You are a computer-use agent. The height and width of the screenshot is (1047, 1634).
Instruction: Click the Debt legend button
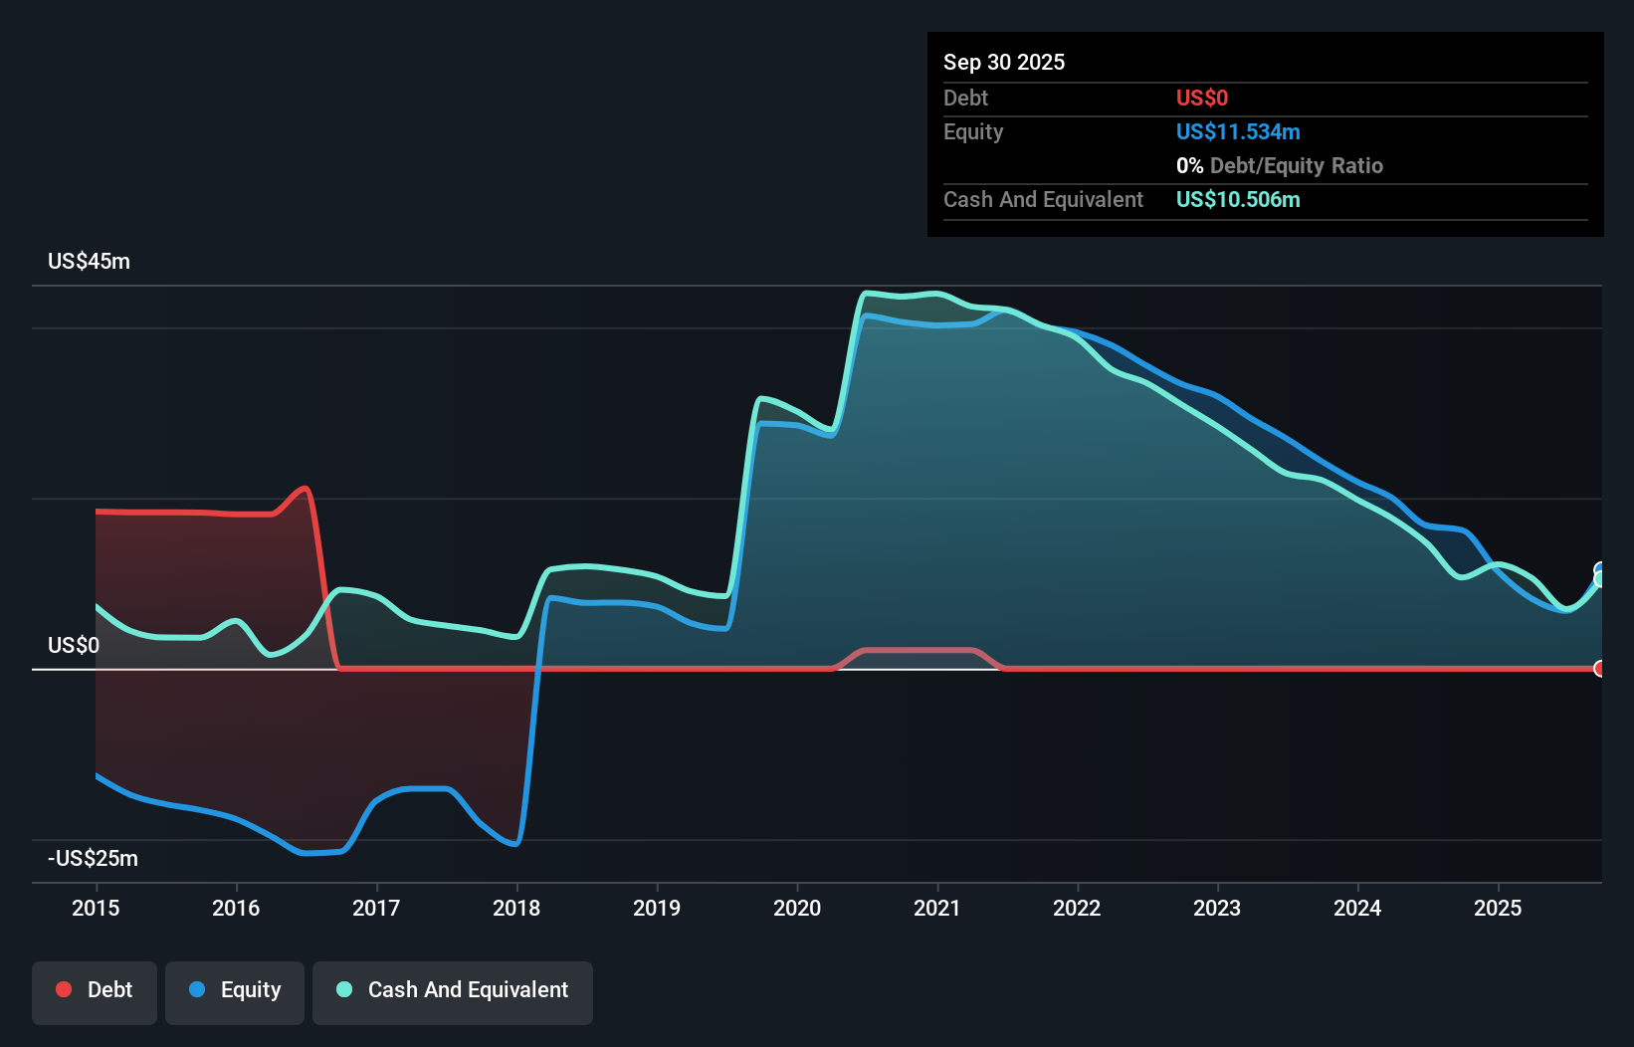click(x=95, y=990)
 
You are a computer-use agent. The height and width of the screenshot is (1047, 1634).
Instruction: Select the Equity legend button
click(x=235, y=990)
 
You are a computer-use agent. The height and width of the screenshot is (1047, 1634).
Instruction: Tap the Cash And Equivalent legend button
click(x=453, y=990)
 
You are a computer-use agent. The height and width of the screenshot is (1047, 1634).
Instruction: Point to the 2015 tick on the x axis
click(x=96, y=908)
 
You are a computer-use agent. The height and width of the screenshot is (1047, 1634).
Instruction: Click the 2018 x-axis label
click(x=516, y=908)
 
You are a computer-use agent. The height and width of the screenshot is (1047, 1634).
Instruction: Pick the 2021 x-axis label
click(x=937, y=908)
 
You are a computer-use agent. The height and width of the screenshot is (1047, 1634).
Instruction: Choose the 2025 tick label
click(x=1498, y=908)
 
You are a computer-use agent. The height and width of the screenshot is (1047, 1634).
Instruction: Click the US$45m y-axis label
click(x=89, y=262)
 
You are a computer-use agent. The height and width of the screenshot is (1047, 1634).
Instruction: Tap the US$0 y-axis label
click(x=74, y=646)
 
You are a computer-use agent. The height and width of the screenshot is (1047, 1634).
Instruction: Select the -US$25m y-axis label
click(x=93, y=859)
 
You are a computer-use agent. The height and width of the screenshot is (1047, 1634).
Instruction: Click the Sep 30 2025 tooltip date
click(x=1004, y=63)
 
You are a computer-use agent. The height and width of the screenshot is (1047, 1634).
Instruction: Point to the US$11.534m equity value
click(x=1238, y=132)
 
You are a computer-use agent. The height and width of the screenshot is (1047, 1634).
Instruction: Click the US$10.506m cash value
click(x=1238, y=200)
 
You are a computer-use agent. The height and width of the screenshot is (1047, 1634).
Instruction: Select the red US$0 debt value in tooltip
click(x=1202, y=99)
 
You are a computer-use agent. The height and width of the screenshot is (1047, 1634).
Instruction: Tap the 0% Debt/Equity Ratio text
click(x=1280, y=166)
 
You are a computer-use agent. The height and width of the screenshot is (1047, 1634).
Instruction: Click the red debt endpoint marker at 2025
click(x=1599, y=669)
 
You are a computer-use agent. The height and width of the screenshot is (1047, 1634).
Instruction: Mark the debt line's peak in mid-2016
click(x=305, y=488)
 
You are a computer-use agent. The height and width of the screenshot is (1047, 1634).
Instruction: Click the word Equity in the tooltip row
click(x=973, y=132)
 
